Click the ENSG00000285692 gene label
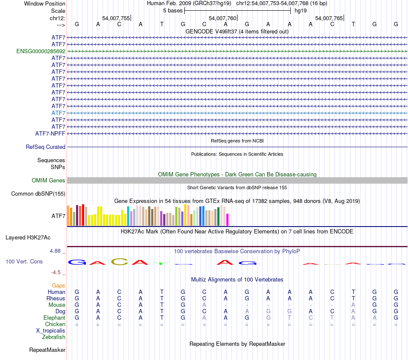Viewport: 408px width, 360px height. point(41,51)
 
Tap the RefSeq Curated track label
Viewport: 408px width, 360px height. point(46,147)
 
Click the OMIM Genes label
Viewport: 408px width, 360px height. point(49,181)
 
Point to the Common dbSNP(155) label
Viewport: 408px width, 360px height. point(38,194)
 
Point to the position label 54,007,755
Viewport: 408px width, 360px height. point(116,18)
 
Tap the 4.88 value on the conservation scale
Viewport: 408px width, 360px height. point(57,251)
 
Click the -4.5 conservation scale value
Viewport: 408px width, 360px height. point(57,272)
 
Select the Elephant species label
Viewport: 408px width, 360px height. point(54,318)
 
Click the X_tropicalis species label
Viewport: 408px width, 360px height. point(51,331)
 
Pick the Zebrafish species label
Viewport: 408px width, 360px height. point(54,337)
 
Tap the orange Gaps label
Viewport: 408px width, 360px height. point(58,285)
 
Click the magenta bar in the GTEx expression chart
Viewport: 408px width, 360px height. point(227,219)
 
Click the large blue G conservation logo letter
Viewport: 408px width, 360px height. point(77,262)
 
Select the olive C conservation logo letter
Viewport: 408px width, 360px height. point(119,262)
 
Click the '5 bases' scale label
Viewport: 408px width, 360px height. point(173,10)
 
